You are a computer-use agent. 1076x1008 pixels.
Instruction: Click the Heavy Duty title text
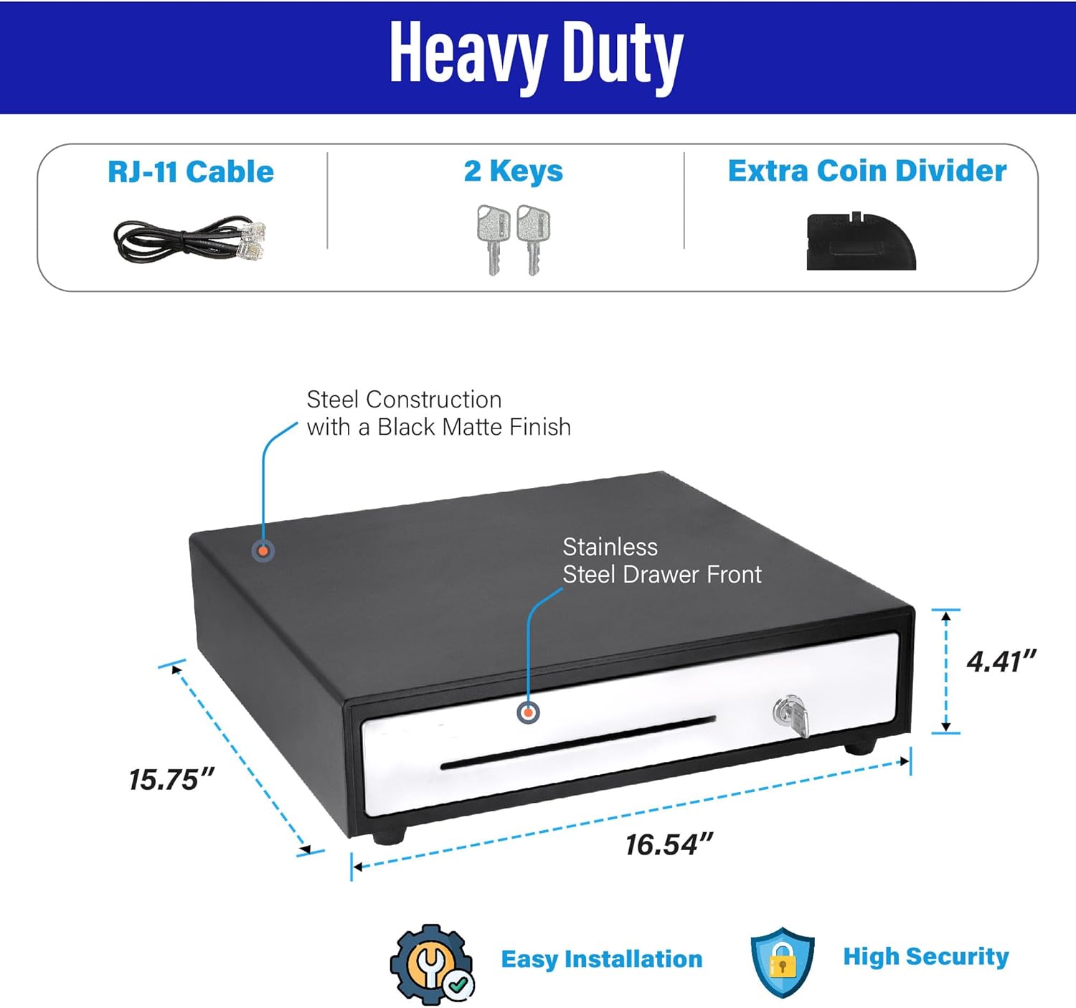pos(536,55)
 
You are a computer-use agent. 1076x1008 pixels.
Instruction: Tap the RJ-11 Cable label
pos(191,172)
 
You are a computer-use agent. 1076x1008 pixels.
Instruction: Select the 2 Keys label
pos(513,171)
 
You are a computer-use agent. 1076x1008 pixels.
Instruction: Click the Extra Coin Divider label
pos(867,171)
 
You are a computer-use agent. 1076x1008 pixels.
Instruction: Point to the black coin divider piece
pos(861,242)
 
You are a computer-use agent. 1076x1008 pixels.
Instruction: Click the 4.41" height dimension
pos(1001,661)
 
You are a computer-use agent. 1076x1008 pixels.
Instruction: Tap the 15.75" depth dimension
pos(171,780)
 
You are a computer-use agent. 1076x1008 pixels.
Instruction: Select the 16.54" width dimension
pos(669,844)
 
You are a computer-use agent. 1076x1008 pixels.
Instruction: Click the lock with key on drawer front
pos(791,715)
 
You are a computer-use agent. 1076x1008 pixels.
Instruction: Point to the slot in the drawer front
pos(577,742)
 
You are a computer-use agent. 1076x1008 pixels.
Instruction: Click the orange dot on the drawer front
pos(528,712)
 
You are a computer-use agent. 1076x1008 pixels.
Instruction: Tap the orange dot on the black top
pos(263,551)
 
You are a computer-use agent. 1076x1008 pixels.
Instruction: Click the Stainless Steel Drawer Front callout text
pos(661,561)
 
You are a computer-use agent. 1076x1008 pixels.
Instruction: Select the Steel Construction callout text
pos(438,413)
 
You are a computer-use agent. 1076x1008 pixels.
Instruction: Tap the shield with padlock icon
pos(782,961)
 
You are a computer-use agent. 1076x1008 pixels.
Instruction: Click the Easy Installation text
pos(601,959)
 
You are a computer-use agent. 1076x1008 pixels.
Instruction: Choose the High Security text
pos(925,956)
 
